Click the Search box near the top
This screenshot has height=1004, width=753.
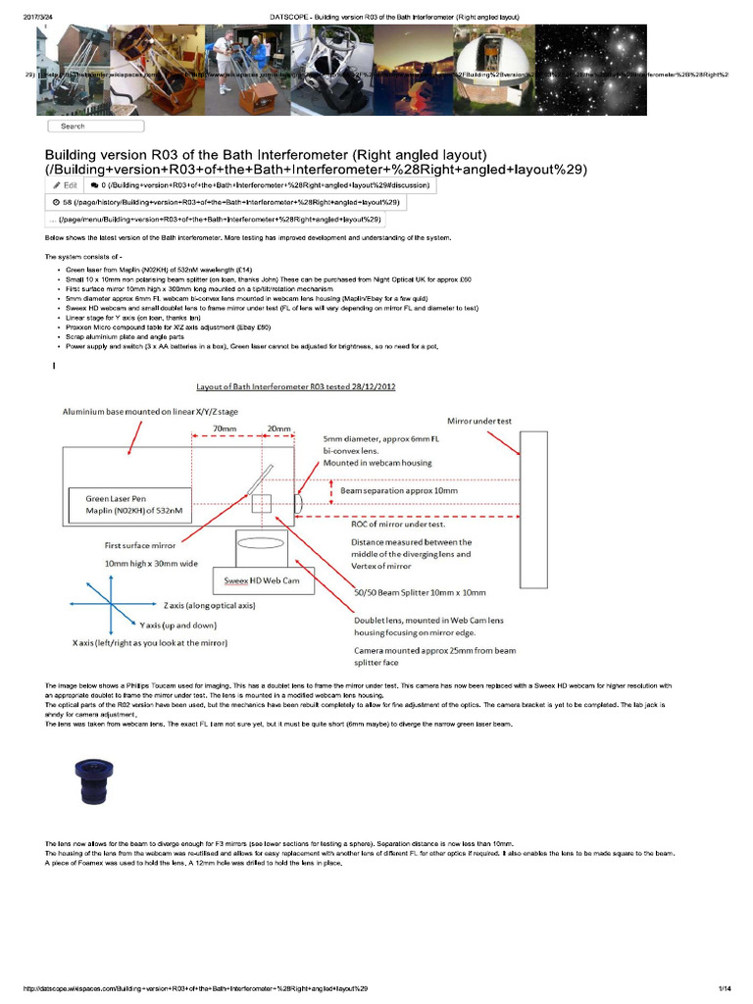pos(96,125)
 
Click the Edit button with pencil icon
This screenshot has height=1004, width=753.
pos(65,183)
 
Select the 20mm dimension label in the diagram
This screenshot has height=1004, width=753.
pos(279,428)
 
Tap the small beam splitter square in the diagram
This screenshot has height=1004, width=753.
pos(261,504)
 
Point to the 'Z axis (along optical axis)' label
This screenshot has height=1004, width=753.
pos(210,606)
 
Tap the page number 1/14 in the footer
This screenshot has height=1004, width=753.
pos(726,987)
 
